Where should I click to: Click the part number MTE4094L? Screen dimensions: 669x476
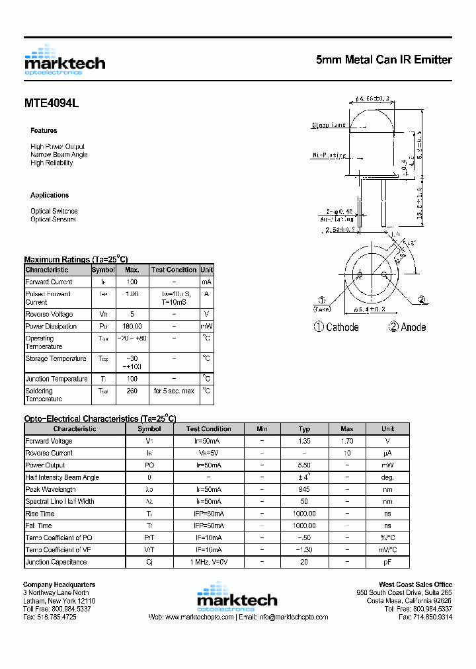tap(52, 104)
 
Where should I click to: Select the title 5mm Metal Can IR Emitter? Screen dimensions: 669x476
tap(384, 60)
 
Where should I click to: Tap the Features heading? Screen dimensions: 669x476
tap(44, 131)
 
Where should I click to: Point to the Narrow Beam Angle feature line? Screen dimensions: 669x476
tap(59, 155)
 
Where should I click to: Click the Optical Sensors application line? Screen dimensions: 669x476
tap(53, 219)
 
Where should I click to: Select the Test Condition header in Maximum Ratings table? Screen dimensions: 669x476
tap(174, 270)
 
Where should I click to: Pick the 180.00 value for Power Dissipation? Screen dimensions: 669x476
tap(132, 327)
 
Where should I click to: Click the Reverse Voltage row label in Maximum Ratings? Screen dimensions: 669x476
tap(49, 315)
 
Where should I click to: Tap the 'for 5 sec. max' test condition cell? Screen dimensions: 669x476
tap(174, 391)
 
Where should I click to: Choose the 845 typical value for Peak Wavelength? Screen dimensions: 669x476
tap(304, 490)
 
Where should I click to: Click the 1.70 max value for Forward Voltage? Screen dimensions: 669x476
tap(347, 441)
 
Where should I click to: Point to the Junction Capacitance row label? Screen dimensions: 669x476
tap(56, 562)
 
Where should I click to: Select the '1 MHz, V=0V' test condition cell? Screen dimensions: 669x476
tap(208, 562)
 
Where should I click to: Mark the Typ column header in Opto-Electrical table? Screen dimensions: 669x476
tap(304, 429)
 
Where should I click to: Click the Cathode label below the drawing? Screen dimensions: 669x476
tap(342, 327)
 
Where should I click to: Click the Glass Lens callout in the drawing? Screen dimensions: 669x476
tap(329, 125)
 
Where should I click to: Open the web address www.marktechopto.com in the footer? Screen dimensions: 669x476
tap(199, 617)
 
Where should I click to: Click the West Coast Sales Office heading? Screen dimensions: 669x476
tap(415, 584)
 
